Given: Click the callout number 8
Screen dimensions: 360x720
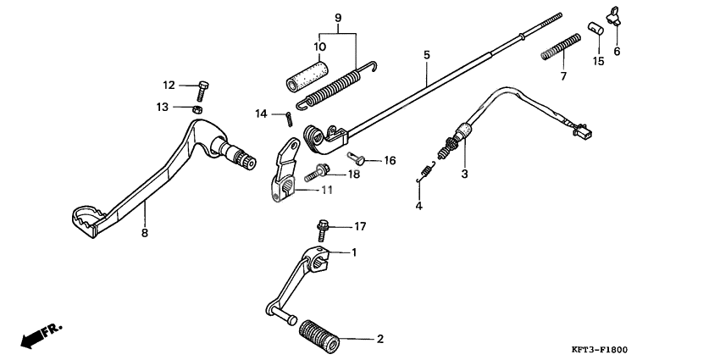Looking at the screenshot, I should [x=144, y=233].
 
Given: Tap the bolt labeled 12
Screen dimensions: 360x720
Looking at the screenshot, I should [x=204, y=86].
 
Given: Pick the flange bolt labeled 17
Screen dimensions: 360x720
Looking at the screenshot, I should [x=324, y=226].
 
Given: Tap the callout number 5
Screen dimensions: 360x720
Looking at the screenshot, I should [x=427, y=55].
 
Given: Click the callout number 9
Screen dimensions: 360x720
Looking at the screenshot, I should [x=337, y=17].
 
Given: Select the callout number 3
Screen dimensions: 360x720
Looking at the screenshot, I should [x=463, y=174].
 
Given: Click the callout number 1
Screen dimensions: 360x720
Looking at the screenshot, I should [x=354, y=252].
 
